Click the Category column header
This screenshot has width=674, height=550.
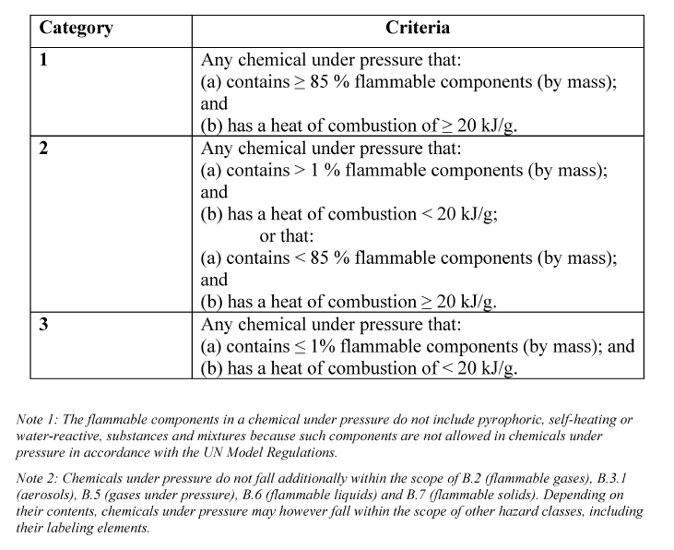tap(76, 28)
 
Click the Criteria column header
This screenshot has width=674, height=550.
tap(418, 28)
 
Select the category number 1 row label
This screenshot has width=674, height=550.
tap(43, 60)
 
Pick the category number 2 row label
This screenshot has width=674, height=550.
tap(43, 149)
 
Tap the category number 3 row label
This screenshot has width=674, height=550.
tap(43, 325)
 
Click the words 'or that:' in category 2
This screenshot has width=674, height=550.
tap(287, 236)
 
